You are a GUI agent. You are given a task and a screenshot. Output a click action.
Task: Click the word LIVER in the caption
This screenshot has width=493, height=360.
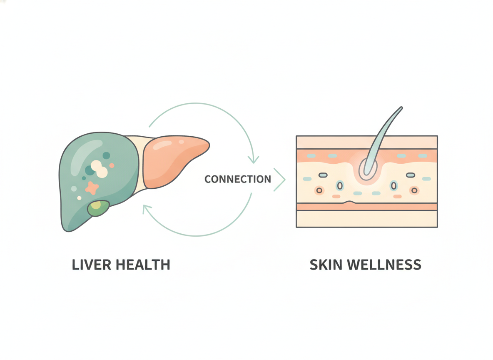point(91,265)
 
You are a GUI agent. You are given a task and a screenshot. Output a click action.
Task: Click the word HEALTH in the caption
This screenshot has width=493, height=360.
point(143,265)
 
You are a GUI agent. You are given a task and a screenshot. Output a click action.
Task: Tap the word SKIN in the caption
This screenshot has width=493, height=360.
point(326,265)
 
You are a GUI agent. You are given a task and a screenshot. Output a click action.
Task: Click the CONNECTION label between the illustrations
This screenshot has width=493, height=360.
point(238,179)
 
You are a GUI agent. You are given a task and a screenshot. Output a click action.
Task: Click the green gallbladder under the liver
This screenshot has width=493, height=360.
point(98,208)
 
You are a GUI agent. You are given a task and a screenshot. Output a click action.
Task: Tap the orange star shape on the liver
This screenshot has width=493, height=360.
point(92,187)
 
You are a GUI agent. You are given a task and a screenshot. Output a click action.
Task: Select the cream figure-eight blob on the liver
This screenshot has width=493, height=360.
point(100,169)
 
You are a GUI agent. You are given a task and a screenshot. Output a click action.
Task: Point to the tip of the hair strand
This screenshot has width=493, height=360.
point(401,108)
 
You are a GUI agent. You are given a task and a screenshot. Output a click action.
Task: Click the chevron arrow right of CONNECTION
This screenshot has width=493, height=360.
point(279,180)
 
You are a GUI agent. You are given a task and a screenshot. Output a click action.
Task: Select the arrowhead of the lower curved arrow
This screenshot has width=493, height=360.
point(147,209)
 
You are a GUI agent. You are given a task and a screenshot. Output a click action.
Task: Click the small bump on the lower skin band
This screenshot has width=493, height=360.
point(350,202)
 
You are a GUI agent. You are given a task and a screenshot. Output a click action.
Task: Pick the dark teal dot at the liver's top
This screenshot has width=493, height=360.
point(106,155)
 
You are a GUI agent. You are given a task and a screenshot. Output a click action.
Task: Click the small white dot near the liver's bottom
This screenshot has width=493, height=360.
point(79,198)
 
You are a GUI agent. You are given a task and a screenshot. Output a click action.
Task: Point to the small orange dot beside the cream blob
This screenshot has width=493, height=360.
point(112,165)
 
